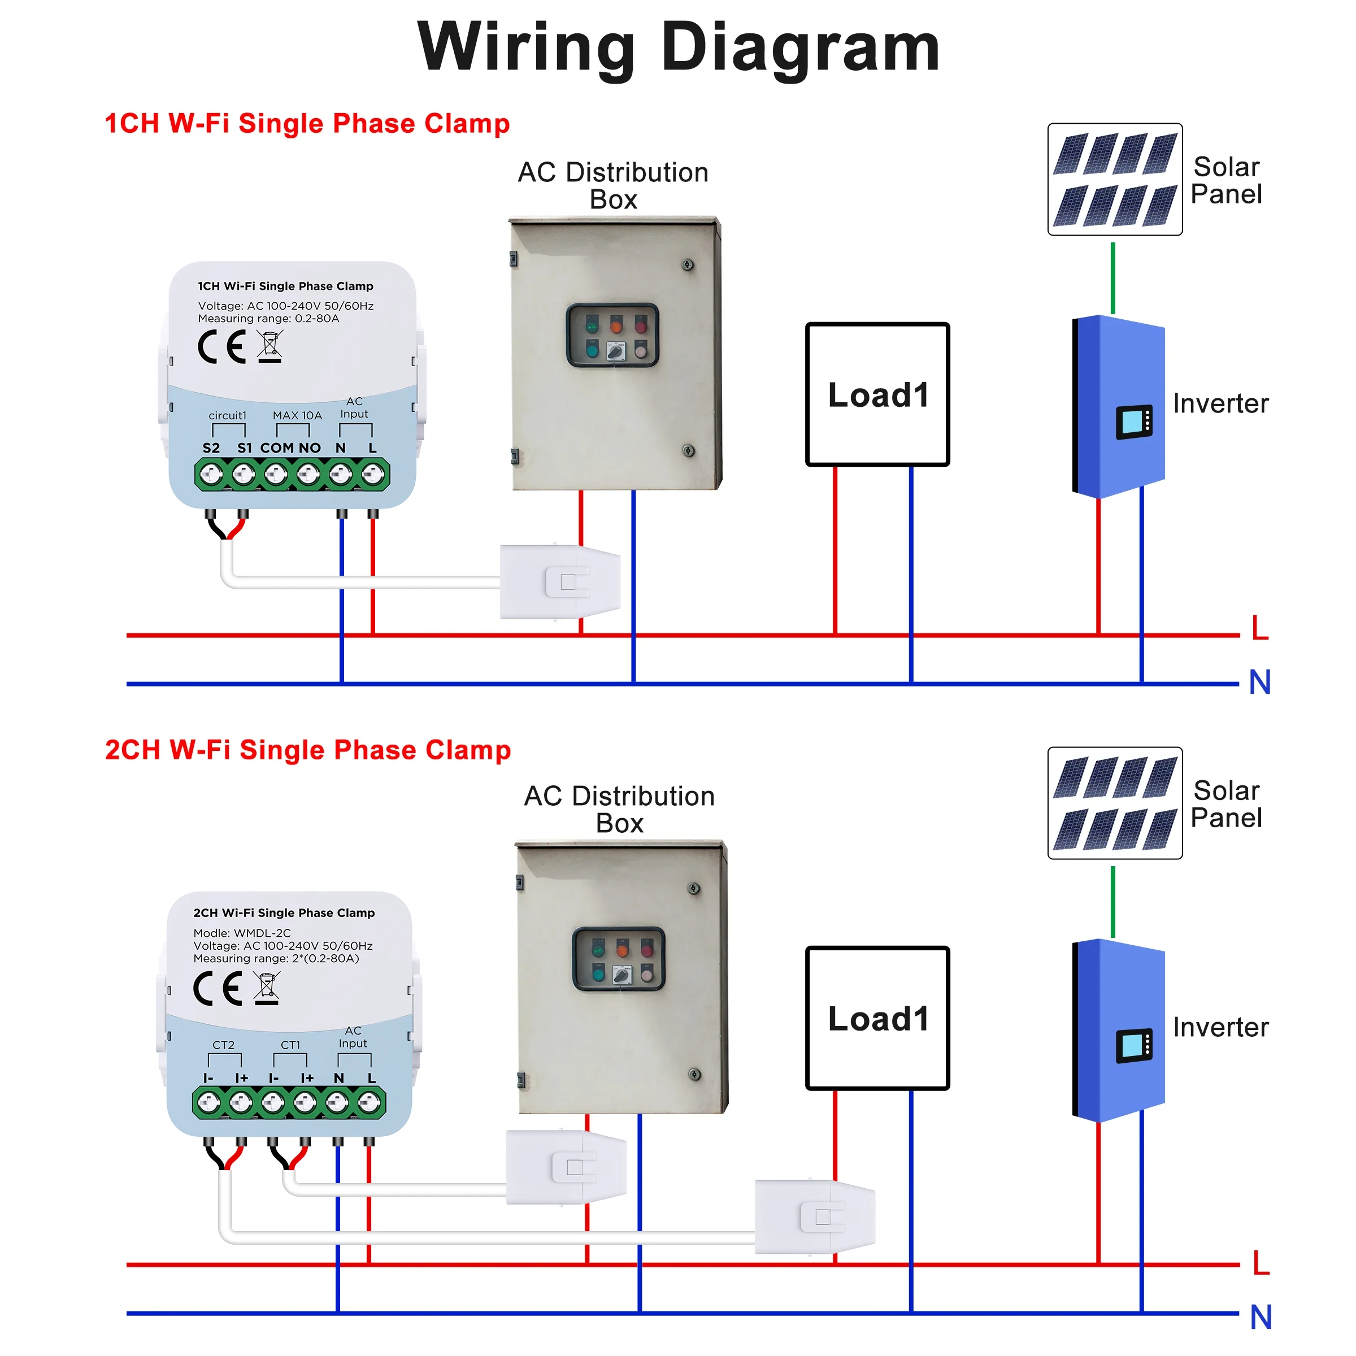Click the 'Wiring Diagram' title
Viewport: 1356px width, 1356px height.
click(678, 47)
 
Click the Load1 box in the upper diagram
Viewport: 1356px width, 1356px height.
click(877, 394)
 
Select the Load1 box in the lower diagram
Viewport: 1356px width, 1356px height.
click(877, 1018)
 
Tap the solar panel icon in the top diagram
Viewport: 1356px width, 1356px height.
click(1115, 179)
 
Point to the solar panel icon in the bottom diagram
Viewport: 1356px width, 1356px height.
click(1115, 803)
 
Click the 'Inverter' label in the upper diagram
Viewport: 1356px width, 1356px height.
click(1220, 403)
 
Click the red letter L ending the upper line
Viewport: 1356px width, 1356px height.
click(1260, 628)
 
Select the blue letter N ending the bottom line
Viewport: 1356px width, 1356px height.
click(1261, 1318)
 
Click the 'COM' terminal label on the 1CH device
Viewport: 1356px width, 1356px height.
click(276, 448)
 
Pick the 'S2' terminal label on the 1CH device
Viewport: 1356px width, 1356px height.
click(211, 448)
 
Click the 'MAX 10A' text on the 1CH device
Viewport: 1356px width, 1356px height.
click(297, 415)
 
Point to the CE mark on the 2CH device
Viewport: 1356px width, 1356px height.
click(218, 988)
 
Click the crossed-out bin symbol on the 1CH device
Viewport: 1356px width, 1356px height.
click(270, 347)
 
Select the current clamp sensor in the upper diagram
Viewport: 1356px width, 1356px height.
click(560, 581)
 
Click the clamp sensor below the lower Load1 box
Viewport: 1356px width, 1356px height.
click(814, 1216)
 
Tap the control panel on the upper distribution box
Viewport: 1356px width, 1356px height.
click(612, 335)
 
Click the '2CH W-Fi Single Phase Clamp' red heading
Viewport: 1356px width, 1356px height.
click(307, 750)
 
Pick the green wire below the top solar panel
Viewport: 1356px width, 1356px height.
click(1112, 277)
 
